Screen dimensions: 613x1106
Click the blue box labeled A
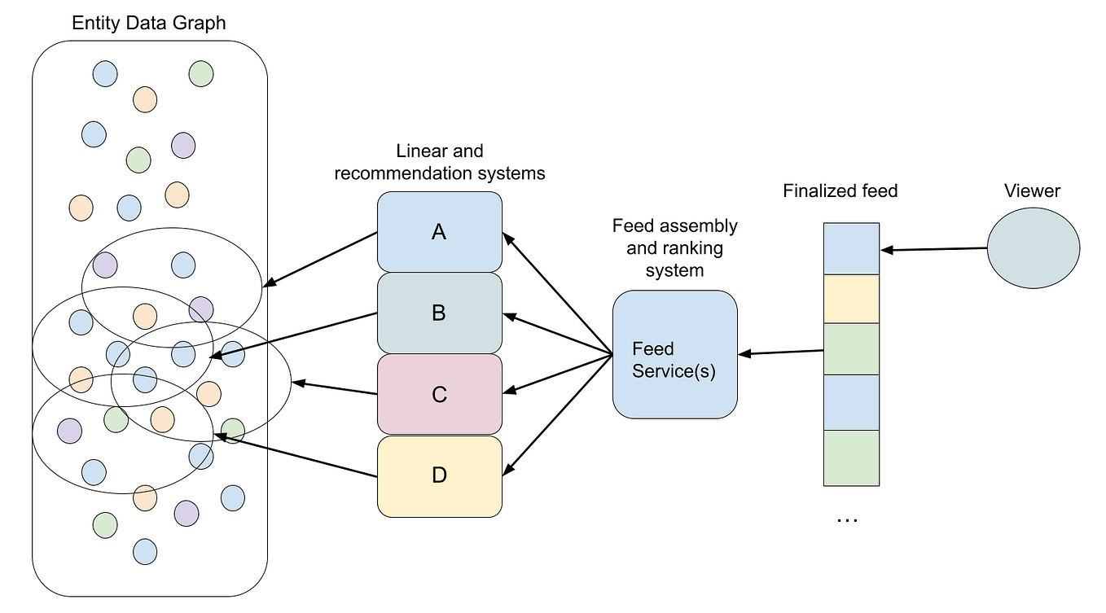(439, 232)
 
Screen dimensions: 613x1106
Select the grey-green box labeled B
(439, 313)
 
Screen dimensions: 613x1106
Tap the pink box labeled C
(439, 394)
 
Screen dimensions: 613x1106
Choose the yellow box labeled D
(439, 475)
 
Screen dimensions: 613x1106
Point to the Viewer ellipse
(1033, 248)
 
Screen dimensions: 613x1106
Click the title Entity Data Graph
(149, 23)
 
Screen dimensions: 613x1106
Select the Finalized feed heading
(840, 191)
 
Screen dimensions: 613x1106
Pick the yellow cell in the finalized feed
(851, 299)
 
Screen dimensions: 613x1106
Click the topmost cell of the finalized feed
(851, 248)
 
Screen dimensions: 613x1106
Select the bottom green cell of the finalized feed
(851, 458)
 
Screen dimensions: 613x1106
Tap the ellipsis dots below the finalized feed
(847, 519)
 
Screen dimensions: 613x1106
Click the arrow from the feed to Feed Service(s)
(782, 352)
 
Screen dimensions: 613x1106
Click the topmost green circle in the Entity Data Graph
(201, 74)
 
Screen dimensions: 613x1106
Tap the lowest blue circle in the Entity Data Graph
(145, 551)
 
